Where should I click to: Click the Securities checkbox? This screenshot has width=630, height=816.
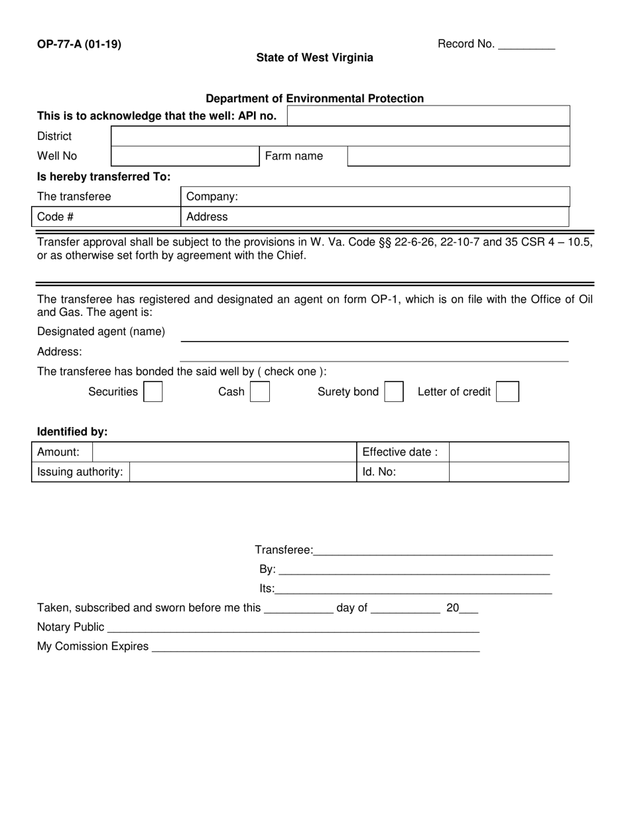(153, 392)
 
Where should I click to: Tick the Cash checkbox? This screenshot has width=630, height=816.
(260, 392)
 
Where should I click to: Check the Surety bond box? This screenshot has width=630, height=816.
(394, 392)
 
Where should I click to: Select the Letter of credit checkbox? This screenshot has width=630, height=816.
(507, 392)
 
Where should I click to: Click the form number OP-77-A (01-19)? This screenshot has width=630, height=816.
(79, 45)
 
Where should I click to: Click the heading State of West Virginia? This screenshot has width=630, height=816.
(314, 58)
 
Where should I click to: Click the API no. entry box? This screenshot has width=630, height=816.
(428, 116)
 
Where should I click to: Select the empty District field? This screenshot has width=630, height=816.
(340, 137)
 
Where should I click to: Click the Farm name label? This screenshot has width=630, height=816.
(294, 157)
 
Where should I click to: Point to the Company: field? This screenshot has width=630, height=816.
(375, 197)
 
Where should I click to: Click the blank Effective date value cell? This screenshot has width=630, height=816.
(509, 452)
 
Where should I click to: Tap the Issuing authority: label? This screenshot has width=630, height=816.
(80, 472)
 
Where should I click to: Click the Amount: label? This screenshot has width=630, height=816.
(58, 452)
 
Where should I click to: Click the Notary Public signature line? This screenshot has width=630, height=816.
(292, 628)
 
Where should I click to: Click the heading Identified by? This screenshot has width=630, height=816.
(72, 432)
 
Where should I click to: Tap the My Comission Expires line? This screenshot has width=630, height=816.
(316, 647)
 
